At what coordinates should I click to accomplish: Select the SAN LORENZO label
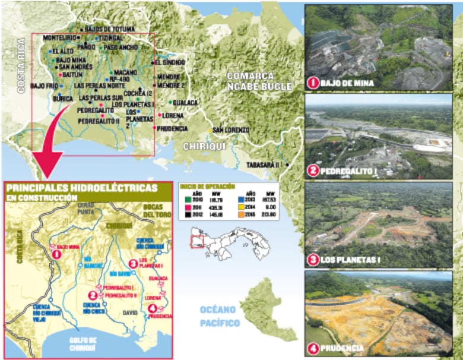click(231, 130)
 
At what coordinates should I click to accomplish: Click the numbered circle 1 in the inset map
click(57, 254)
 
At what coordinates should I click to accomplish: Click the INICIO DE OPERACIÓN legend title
click(201, 187)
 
